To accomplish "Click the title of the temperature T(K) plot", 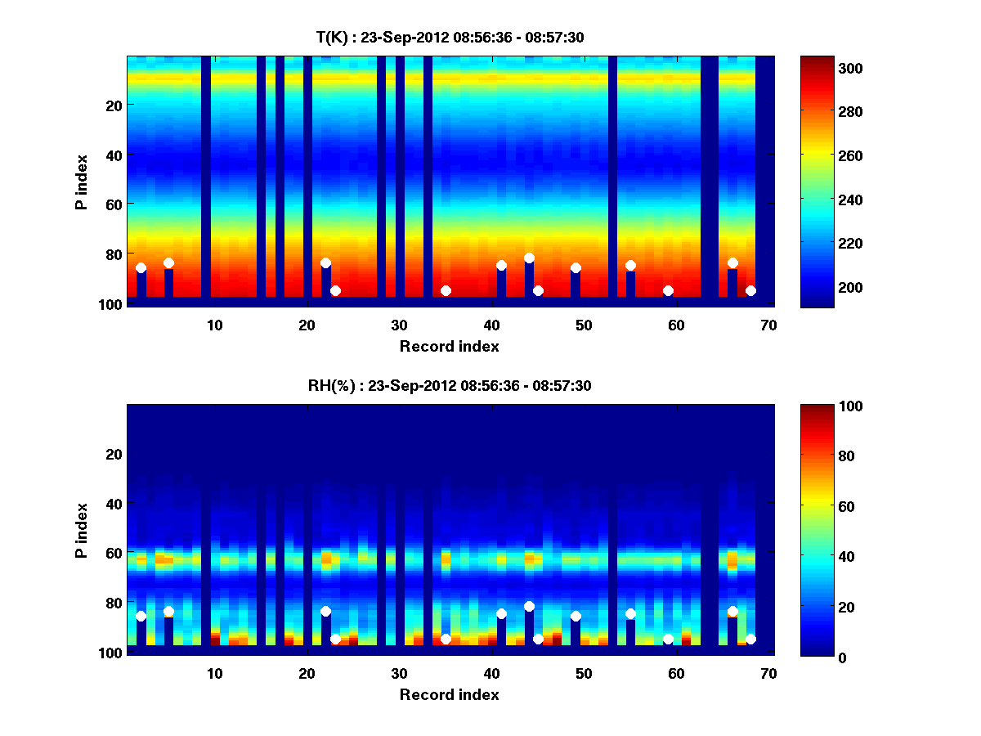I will pyautogui.click(x=450, y=37).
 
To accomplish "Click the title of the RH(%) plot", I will pyautogui.click(x=450, y=385).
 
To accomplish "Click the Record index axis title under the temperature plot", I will pyautogui.click(x=450, y=346).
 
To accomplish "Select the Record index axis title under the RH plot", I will pyautogui.click(x=450, y=694).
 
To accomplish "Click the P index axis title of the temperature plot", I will pyautogui.click(x=82, y=182).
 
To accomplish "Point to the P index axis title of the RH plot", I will pyautogui.click(x=82, y=530).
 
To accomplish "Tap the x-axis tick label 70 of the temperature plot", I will pyautogui.click(x=768, y=325).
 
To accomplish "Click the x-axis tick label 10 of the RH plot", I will pyautogui.click(x=214, y=673).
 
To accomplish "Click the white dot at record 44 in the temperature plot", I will pyautogui.click(x=529, y=258).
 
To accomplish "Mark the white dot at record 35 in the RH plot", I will pyautogui.click(x=446, y=639).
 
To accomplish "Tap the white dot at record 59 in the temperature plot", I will pyautogui.click(x=668, y=290).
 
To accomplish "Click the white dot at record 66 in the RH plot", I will pyautogui.click(x=732, y=611).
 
